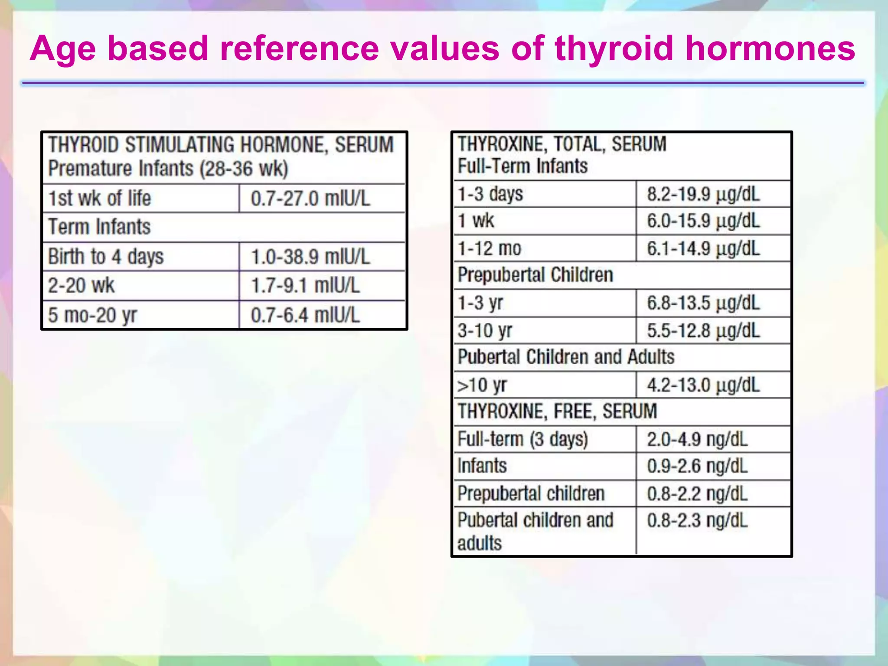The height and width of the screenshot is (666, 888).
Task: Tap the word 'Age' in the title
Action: coord(62,49)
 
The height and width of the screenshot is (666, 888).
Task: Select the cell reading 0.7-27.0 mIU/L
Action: coord(310,199)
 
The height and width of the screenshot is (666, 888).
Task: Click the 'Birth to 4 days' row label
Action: coord(106,256)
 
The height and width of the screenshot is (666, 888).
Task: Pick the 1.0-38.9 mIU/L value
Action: coord(310,257)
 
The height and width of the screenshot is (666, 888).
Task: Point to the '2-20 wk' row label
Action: coord(81,286)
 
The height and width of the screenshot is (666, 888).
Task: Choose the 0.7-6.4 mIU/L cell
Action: coord(305,315)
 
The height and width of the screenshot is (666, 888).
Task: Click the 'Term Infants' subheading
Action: coord(99,227)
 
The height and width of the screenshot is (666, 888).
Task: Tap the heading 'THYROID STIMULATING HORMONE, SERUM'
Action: coord(221,145)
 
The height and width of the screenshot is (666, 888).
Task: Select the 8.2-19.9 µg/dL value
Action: coord(703,194)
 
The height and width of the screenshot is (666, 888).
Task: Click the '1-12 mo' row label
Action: coord(490,249)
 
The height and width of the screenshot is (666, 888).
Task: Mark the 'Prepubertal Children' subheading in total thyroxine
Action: coord(535,275)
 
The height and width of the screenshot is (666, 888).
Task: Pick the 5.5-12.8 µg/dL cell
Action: coord(703,331)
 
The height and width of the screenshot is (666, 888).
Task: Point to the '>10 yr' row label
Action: coord(482,385)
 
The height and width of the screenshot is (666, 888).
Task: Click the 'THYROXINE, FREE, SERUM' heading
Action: coord(557,411)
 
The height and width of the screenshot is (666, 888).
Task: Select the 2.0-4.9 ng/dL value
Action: coord(697,440)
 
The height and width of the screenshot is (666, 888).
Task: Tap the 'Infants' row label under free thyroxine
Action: coord(482,466)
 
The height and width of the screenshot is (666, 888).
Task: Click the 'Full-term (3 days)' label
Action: coord(522,439)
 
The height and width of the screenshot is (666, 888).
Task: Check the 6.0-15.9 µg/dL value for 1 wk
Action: coord(703,221)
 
